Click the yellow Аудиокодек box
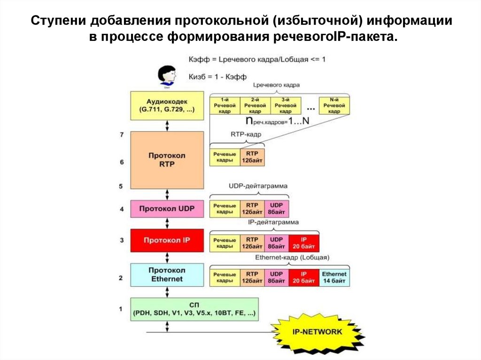[x=167, y=105]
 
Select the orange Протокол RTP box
[x=167, y=160]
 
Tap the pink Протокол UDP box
[x=167, y=208]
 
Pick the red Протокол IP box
[x=167, y=240]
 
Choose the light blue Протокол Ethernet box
[x=167, y=275]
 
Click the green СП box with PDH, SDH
[x=194, y=308]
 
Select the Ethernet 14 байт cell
[x=334, y=277]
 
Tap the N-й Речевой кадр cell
[x=334, y=106]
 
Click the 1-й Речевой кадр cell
[x=225, y=106]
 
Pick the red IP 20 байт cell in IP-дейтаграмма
[x=304, y=243]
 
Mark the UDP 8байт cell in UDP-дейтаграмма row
[x=277, y=208]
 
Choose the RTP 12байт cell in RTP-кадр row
[x=252, y=157]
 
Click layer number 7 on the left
[x=121, y=135]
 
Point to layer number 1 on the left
[x=121, y=309]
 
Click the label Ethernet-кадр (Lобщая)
[x=292, y=258]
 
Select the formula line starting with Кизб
[x=217, y=76]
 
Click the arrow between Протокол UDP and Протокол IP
[x=167, y=223]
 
